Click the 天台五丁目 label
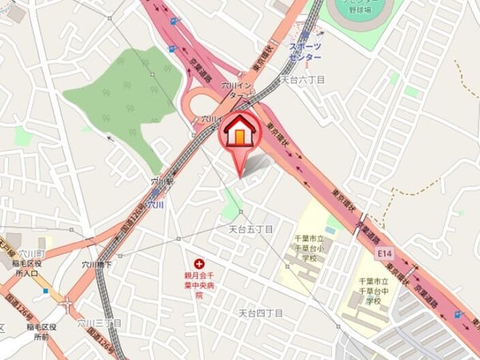click(251, 229)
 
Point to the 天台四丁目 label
click(261, 313)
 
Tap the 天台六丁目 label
click(303, 80)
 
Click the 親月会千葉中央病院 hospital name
click(198, 283)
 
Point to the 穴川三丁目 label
click(99, 323)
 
